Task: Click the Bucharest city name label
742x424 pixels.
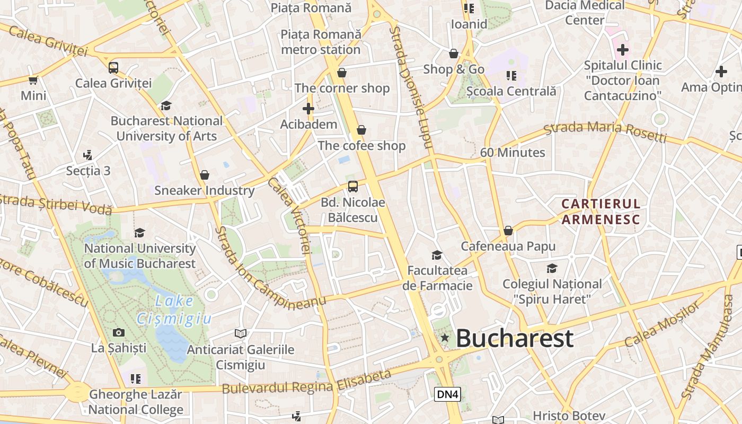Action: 514,338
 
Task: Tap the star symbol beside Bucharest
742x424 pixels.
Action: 445,338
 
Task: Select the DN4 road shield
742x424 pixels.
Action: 447,394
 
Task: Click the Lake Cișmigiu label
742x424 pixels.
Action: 174,310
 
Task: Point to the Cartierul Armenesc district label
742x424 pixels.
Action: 601,211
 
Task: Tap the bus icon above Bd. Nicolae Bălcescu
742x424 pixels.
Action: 353,187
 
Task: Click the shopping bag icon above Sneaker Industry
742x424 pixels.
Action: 205,175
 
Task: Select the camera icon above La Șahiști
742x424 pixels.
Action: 119,332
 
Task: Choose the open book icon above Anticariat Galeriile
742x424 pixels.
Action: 241,333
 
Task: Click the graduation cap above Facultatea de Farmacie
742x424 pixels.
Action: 437,255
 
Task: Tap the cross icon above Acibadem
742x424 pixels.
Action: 308,109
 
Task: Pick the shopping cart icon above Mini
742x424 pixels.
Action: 33,81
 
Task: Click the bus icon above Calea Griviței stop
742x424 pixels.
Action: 113,68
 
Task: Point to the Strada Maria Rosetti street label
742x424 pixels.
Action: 605,132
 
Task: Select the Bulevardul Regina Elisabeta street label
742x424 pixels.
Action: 307,382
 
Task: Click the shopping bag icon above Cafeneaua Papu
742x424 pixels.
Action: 508,231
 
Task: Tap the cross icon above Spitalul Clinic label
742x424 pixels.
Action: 623,50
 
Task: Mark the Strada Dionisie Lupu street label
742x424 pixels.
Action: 411,87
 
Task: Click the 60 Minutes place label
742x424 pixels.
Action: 513,153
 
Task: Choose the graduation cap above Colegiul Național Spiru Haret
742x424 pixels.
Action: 552,268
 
